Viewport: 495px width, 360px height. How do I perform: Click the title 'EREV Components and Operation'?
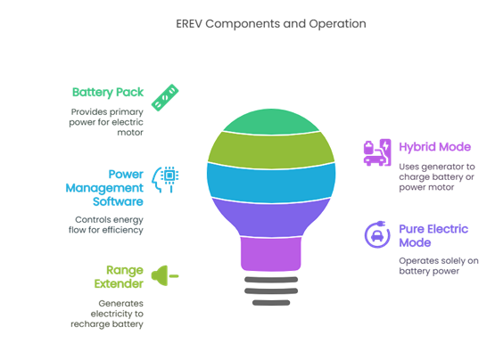tap(271, 24)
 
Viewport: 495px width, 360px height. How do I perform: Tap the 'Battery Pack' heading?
tap(108, 92)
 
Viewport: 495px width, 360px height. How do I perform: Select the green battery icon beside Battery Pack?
tap(165, 97)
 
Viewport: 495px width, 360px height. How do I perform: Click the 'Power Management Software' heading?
tap(104, 188)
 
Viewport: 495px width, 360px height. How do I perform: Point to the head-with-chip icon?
tap(165, 179)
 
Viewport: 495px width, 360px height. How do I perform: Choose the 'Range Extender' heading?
tap(119, 277)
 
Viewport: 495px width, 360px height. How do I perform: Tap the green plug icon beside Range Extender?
tap(164, 275)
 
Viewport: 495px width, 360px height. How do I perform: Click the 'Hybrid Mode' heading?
tap(434, 147)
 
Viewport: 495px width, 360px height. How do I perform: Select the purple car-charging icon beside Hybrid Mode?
tap(377, 152)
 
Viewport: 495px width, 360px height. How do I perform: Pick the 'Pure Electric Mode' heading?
tap(433, 235)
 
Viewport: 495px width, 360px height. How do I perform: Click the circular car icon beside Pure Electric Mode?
tap(377, 234)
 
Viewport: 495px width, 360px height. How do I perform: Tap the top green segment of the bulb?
tap(271, 121)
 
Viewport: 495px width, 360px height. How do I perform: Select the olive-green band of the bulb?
tap(271, 151)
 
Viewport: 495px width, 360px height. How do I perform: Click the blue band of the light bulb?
tap(271, 183)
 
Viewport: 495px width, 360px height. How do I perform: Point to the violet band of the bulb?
tap(271, 218)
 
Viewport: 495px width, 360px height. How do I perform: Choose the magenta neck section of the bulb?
tap(271, 254)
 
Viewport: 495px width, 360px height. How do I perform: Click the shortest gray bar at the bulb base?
tap(271, 303)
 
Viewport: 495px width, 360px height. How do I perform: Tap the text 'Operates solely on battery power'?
tap(439, 266)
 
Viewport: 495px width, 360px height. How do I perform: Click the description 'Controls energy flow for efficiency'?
tap(106, 225)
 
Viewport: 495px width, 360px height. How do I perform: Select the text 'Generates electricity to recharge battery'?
tap(107, 314)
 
